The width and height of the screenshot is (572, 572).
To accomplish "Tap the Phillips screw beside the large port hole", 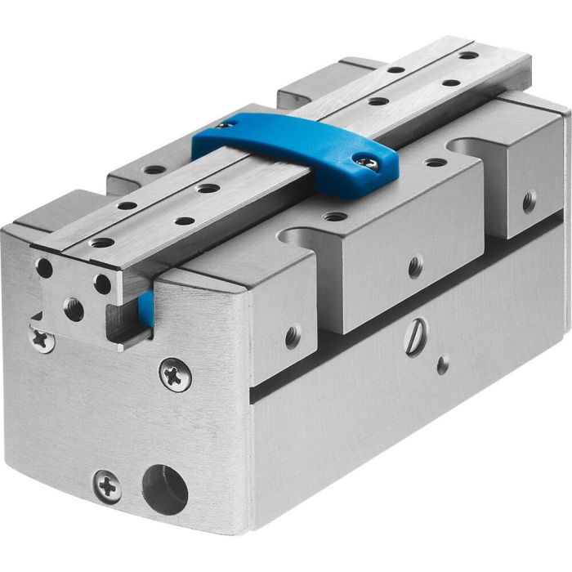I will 107,486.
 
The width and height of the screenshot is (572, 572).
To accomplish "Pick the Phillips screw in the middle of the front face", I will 175,374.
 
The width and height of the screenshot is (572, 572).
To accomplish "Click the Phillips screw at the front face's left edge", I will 40,337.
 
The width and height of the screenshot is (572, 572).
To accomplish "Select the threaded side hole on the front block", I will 293,335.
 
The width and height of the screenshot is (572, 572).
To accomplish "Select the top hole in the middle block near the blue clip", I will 335,217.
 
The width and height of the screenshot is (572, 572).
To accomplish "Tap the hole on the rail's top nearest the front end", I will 102,243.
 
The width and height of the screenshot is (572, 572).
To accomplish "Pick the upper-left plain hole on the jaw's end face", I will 44,268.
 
